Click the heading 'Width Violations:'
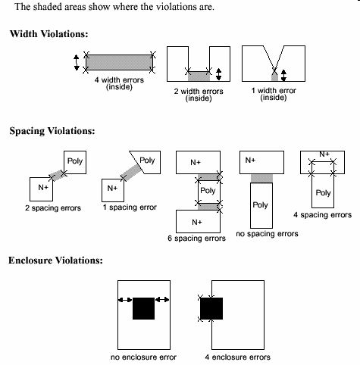[x=49, y=33]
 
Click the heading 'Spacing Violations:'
[x=52, y=131]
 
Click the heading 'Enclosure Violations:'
[x=55, y=260]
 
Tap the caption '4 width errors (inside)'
[x=119, y=83]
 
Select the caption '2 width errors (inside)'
[x=199, y=95]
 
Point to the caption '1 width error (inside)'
[x=274, y=94]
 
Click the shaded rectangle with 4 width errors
[x=119, y=62]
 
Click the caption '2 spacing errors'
[x=53, y=208]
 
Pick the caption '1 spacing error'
[x=130, y=207]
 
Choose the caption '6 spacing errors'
[x=196, y=239]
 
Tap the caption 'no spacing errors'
[x=267, y=234]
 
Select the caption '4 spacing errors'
[x=322, y=215]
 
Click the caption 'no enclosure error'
[x=143, y=357]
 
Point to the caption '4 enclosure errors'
[x=238, y=357]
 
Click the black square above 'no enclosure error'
[x=143, y=308]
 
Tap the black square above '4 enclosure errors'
[x=211, y=308]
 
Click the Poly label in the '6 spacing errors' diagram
[x=208, y=191]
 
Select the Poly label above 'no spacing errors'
[x=260, y=205]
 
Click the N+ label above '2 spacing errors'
[x=43, y=188]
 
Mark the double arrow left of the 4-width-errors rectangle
[x=77, y=63]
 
